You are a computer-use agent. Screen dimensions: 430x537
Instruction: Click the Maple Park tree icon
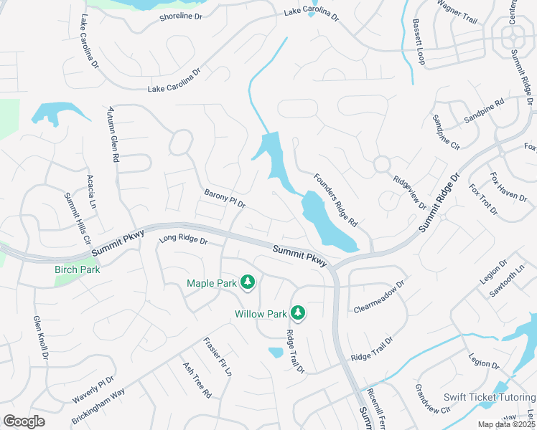point(248,282)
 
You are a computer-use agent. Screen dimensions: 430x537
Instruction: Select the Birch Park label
point(78,269)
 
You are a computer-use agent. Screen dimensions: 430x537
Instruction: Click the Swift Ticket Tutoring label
point(489,397)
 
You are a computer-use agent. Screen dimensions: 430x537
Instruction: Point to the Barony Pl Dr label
point(225,199)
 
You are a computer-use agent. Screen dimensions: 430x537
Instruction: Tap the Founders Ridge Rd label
point(335,200)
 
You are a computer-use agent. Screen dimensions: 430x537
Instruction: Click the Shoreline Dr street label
point(181,16)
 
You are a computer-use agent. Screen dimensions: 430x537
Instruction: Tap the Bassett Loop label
point(419,42)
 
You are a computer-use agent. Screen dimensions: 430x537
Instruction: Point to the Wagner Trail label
point(457,12)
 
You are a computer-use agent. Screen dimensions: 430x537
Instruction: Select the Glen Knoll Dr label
point(40,338)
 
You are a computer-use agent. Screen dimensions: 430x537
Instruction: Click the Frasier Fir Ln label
point(218,357)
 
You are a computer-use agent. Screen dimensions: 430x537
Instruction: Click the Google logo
point(24,421)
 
